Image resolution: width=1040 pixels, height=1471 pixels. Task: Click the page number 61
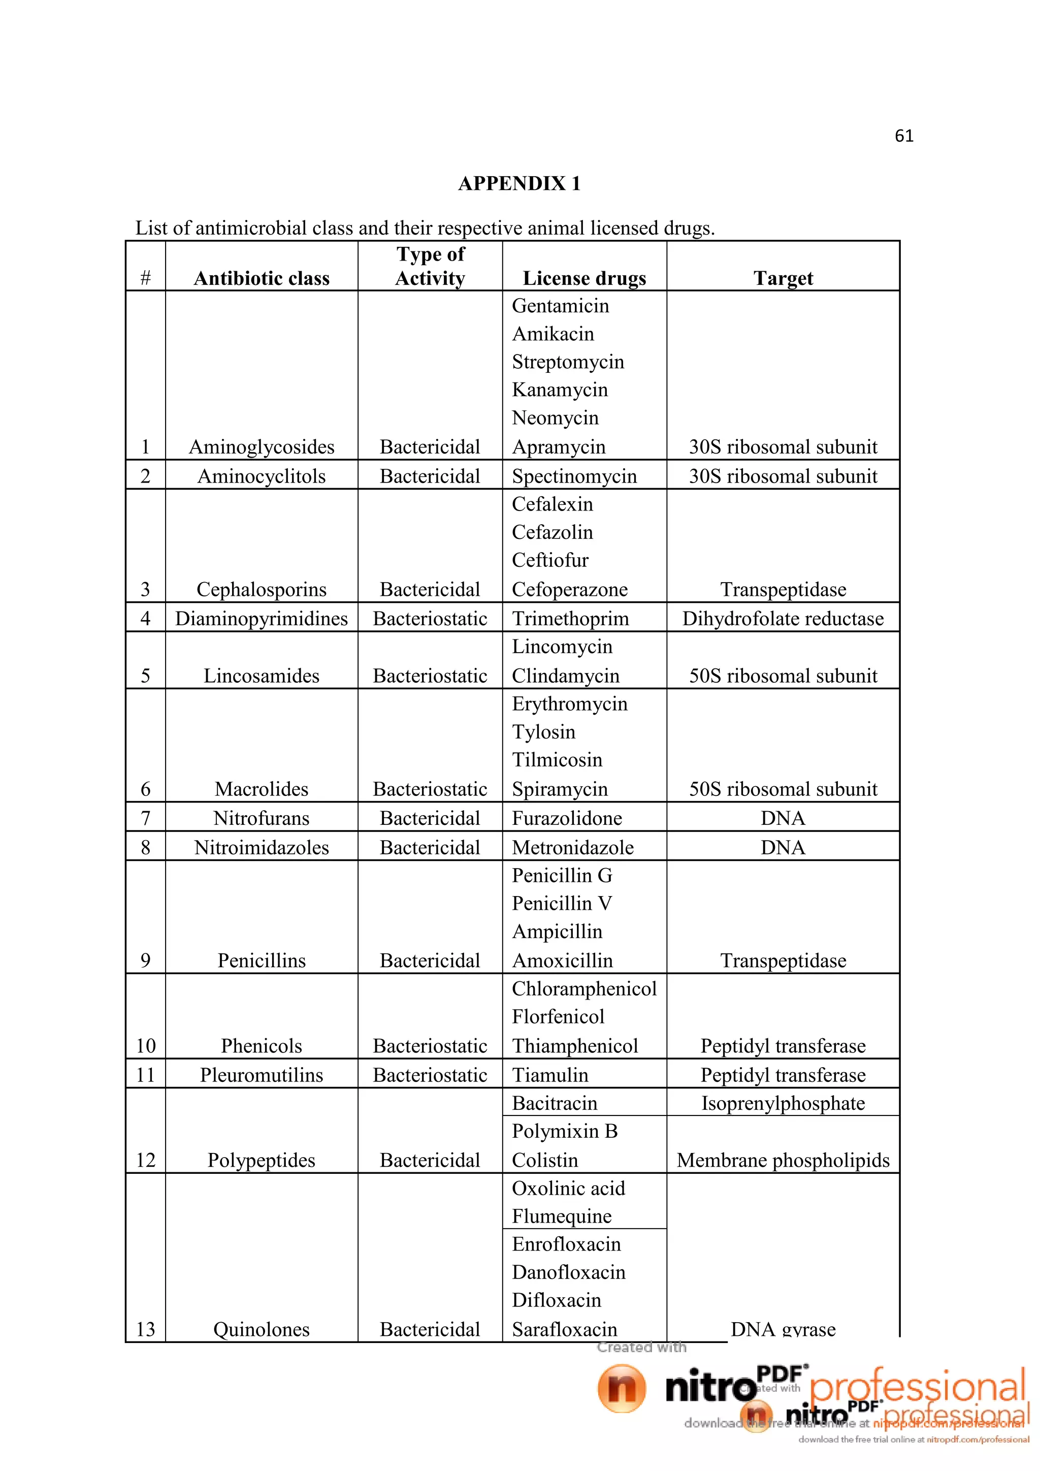coord(903,136)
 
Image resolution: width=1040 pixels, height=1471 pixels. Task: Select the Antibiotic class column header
coord(262,278)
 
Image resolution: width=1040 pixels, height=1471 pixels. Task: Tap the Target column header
coord(783,278)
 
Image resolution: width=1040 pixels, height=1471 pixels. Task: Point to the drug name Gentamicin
coord(560,306)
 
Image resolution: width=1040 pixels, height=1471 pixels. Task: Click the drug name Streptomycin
coord(567,362)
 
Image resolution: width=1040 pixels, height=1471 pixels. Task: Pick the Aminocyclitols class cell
coord(262,476)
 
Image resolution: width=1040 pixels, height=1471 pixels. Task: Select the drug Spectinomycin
coord(574,476)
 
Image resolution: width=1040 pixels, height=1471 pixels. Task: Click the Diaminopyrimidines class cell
coord(262,618)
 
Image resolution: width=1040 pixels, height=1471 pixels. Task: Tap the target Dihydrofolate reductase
coord(783,618)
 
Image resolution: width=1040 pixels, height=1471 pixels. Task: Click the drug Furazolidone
coord(567,818)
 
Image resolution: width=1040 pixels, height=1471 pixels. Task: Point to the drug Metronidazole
coord(572,848)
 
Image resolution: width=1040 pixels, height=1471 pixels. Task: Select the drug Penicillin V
coord(562,903)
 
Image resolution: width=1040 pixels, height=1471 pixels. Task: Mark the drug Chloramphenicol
coord(584,988)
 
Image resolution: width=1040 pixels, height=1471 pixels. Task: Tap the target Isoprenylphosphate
coord(783,1103)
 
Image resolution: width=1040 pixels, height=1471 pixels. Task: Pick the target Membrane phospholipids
coord(783,1160)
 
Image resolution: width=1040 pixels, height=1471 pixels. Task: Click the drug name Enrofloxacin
coord(566,1244)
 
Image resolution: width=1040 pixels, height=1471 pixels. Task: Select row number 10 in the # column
coord(145,1045)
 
